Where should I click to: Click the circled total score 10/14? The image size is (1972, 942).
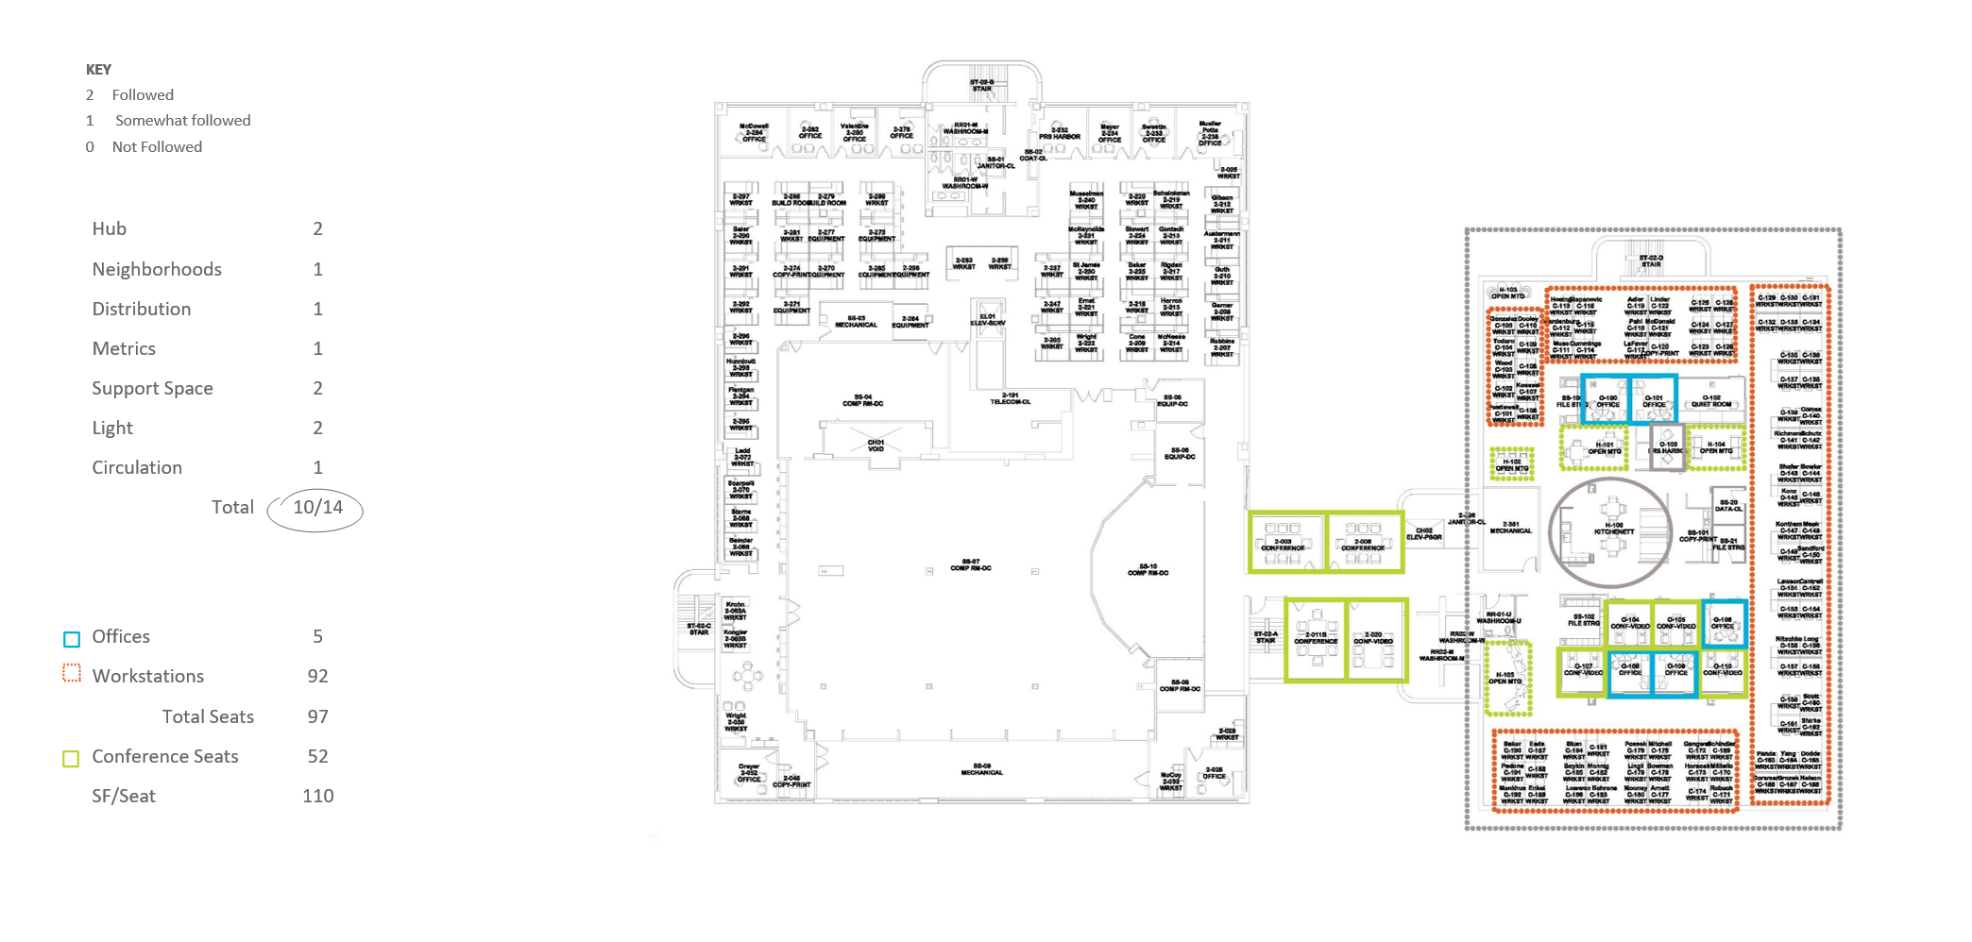tap(316, 509)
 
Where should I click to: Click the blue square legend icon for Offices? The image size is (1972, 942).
tap(72, 639)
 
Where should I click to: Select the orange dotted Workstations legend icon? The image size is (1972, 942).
tap(72, 674)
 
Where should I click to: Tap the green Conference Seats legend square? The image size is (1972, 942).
tap(71, 759)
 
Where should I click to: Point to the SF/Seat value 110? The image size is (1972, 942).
tap(317, 797)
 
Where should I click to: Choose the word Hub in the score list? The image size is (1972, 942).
tap(110, 229)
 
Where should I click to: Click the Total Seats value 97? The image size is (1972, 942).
tap(317, 717)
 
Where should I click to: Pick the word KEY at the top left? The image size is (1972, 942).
tap(98, 70)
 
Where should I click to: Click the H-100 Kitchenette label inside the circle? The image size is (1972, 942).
tap(1613, 529)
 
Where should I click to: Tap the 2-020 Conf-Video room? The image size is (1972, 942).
tap(1374, 639)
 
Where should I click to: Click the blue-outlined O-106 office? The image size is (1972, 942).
tap(1724, 624)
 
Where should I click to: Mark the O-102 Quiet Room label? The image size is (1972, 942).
tap(1710, 401)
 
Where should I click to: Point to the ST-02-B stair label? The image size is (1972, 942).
tap(981, 86)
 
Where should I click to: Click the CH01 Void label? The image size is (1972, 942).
tap(875, 446)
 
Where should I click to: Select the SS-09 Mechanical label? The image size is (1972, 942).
tap(981, 769)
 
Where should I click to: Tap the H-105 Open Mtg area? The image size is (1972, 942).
tap(1505, 678)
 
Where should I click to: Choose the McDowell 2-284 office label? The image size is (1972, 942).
tap(754, 132)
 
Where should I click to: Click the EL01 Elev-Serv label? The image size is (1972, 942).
tap(988, 320)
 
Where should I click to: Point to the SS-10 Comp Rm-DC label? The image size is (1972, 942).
tap(1147, 569)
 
